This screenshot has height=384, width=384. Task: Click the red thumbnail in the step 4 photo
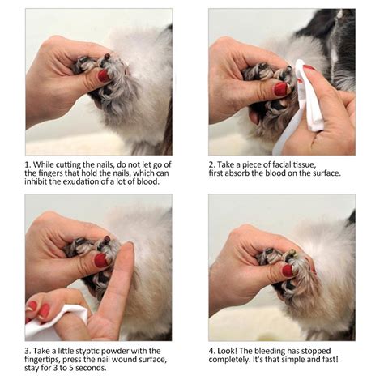coord(288,270)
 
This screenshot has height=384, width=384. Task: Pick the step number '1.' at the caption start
coord(28,163)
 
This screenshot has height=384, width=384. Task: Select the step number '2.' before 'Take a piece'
coord(212,163)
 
